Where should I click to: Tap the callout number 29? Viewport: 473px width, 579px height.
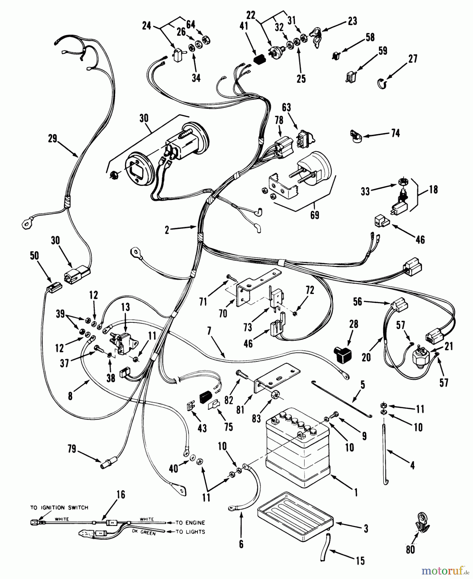pyautogui.click(x=52, y=139)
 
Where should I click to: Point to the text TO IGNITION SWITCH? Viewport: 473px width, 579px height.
pyautogui.click(x=59, y=508)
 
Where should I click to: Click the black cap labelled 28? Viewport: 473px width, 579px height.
pyautogui.click(x=343, y=353)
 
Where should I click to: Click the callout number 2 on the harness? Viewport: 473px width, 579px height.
pyautogui.click(x=167, y=230)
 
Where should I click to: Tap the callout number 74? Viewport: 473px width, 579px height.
pyautogui.click(x=395, y=133)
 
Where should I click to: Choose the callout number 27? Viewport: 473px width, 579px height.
pyautogui.click(x=413, y=59)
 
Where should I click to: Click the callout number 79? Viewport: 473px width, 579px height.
pyautogui.click(x=72, y=449)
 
